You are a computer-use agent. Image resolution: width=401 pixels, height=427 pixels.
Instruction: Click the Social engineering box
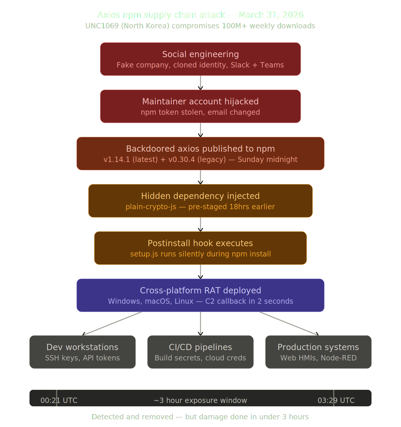coord(200,59)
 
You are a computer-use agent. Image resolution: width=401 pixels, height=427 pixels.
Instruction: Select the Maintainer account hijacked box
coord(200,106)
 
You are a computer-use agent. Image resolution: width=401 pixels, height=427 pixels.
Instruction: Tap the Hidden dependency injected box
coord(200,201)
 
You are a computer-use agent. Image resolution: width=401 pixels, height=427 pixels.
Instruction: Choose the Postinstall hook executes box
coord(200,248)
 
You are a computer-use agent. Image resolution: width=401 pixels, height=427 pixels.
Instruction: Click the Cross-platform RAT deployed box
coord(200,295)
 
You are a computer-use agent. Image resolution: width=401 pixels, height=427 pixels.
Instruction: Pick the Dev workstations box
coord(83,352)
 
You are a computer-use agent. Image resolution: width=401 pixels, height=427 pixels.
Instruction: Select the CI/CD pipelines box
coord(200,352)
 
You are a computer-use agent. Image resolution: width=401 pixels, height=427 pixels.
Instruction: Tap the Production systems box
coord(318,352)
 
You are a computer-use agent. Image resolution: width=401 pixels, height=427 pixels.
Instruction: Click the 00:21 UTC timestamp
coord(59,400)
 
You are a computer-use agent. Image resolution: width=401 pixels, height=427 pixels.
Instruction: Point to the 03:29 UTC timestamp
coord(336,400)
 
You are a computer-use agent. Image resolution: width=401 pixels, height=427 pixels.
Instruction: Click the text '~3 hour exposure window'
coord(200,400)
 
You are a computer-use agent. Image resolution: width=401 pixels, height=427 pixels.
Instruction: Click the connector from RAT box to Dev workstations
coord(113,324)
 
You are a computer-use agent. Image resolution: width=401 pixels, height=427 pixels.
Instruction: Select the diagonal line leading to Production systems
coord(288,324)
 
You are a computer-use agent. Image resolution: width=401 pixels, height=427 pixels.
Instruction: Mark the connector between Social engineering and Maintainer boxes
coord(200,83)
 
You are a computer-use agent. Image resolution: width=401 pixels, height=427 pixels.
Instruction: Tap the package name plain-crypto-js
coord(151,207)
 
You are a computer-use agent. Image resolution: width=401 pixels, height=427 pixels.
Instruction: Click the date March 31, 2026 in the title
coord(271,15)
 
